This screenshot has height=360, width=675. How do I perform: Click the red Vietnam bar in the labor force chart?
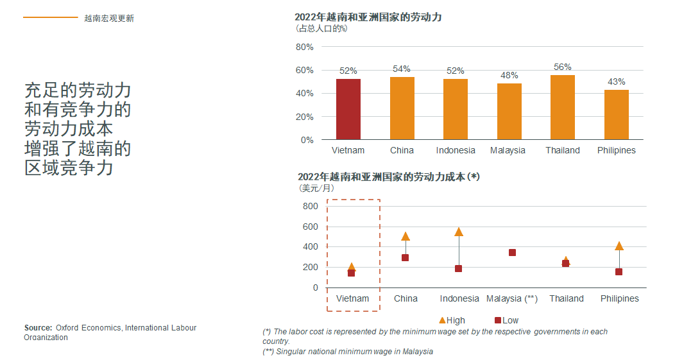(348, 109)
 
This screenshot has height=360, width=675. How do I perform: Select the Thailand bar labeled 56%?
(562, 107)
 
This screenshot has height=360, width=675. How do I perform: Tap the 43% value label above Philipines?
(616, 81)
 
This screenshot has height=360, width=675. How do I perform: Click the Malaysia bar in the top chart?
(509, 112)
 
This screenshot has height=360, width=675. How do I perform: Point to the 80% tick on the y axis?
(304, 47)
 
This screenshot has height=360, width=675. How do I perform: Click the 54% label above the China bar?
(402, 69)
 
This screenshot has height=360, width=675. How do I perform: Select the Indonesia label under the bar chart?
(456, 150)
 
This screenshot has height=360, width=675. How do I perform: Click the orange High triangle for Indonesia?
(459, 232)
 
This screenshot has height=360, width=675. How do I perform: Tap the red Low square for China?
(406, 258)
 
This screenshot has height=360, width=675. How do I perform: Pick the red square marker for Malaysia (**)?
(512, 252)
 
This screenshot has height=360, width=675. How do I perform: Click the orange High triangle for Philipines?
(619, 246)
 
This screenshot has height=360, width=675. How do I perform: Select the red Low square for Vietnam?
(352, 273)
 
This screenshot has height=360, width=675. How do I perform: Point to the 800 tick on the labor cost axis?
(310, 206)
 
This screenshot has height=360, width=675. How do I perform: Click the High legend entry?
(452, 320)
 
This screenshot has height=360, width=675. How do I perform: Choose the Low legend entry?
(506, 320)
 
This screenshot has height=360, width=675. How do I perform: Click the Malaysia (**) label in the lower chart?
(511, 298)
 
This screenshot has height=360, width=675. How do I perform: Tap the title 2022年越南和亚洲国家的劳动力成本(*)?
(389, 176)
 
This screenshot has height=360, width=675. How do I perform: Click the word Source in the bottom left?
(38, 328)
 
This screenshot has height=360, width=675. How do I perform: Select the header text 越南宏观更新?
(109, 18)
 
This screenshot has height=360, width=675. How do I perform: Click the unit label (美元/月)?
(317, 188)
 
